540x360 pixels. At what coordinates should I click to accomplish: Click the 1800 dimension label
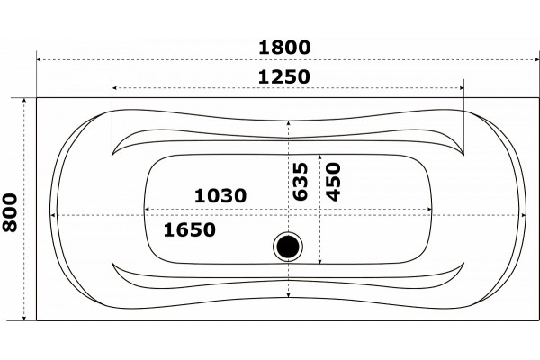284,48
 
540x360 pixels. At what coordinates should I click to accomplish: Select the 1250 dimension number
284,76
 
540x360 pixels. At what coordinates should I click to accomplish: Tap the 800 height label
10,212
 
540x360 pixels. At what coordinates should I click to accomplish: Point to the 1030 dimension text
220,195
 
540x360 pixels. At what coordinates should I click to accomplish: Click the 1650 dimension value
189,229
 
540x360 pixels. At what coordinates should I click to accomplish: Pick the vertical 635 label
301,181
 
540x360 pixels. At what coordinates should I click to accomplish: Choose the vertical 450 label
333,182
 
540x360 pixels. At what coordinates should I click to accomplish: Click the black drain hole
288,247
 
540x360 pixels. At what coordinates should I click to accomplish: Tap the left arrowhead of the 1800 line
39,59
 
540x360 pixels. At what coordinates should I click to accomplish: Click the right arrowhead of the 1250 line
462,88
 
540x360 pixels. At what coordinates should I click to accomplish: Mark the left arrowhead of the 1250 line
114,88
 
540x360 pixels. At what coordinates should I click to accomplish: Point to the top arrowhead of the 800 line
24,100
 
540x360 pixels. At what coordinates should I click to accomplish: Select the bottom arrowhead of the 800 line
24,319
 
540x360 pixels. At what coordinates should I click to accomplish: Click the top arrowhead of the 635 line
289,123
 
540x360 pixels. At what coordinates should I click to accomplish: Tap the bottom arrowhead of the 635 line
289,295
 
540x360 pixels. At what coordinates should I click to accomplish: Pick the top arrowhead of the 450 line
319,157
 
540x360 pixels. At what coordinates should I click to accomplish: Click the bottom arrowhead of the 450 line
319,262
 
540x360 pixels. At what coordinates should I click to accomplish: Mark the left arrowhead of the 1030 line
147,209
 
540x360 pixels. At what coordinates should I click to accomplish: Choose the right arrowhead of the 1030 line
429,209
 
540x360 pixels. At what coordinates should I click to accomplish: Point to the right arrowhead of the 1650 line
524,215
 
